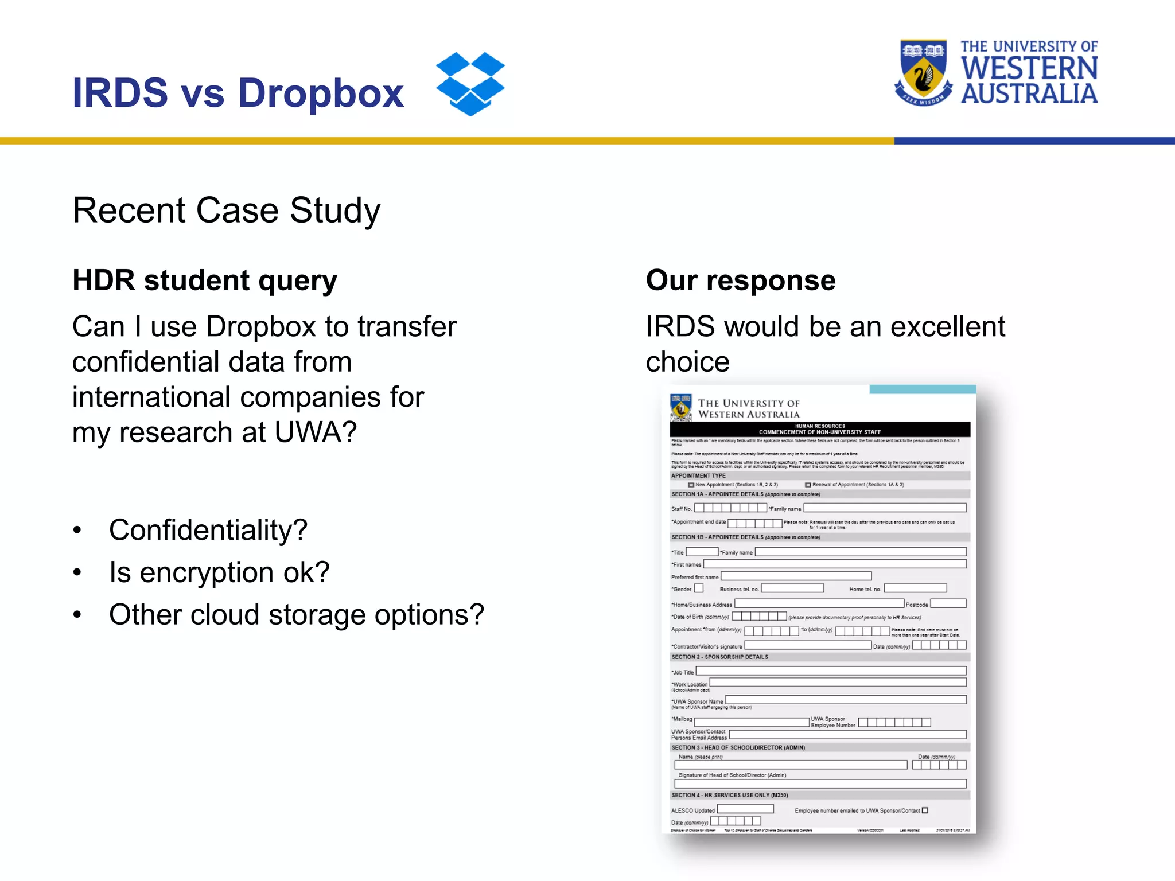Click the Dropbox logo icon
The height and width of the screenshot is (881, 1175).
pos(470,84)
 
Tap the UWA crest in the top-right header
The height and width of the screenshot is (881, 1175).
pos(923,73)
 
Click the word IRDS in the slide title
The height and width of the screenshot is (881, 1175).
pos(120,93)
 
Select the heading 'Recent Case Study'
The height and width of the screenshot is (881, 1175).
pos(226,210)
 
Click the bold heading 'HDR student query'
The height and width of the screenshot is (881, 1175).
pos(205,280)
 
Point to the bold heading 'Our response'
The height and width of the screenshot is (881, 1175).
pos(740,280)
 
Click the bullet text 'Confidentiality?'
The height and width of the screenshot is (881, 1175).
pos(208,530)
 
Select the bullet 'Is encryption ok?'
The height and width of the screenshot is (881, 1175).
pos(219,572)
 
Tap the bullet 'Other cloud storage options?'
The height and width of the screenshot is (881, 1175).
pos(297,615)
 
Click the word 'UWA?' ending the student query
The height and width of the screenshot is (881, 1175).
pos(316,432)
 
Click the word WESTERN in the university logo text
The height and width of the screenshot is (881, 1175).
pos(1029,68)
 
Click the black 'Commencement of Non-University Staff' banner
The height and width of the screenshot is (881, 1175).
pos(820,430)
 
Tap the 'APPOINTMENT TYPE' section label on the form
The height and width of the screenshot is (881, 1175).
pos(698,475)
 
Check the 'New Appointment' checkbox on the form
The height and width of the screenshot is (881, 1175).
pos(691,485)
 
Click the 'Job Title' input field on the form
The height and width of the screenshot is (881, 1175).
pos(831,671)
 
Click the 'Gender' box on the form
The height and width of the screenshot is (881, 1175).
pos(699,588)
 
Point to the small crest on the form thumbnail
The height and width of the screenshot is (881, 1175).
pos(681,408)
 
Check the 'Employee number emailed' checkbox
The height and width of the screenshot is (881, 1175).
pos(925,810)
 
